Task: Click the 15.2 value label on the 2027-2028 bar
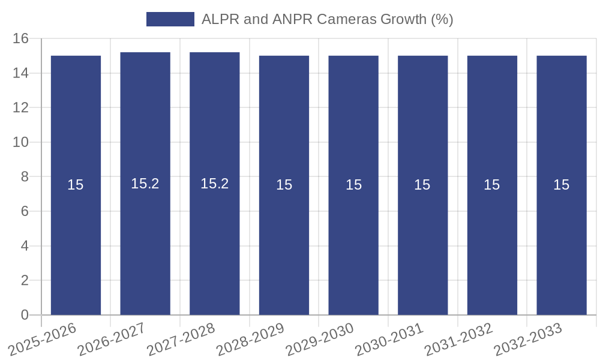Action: tap(215, 184)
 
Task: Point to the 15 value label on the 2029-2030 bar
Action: tap(353, 185)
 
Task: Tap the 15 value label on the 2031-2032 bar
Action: tap(492, 185)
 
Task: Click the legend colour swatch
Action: tap(170, 19)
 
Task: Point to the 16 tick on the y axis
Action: tap(21, 39)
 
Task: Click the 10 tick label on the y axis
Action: tap(21, 143)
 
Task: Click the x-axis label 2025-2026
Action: tap(43, 338)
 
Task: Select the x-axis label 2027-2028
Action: tap(181, 338)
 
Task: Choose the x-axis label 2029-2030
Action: tap(320, 338)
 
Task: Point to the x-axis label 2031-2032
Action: tap(458, 338)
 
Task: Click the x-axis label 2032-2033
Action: tap(528, 338)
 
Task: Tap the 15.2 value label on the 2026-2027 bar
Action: tap(145, 184)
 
